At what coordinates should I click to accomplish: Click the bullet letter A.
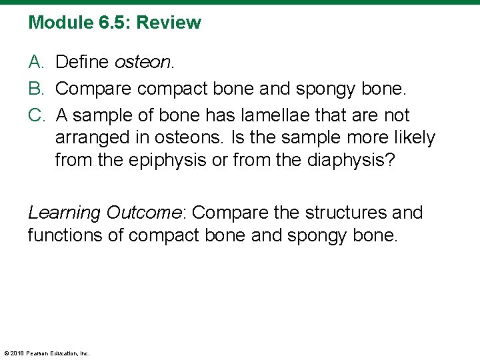coord(37,62)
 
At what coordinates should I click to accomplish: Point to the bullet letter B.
coord(37,89)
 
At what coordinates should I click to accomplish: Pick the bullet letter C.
coord(37,115)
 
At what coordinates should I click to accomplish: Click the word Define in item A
coord(83,62)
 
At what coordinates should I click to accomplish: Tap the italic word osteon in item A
coord(144,62)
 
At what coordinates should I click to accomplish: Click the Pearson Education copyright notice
coord(47,353)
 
